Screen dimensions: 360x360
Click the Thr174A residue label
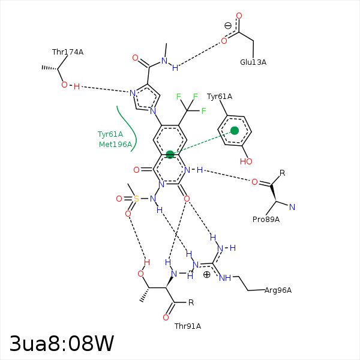(68, 52)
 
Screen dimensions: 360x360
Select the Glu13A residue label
(253, 62)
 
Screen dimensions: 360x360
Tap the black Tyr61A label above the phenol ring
(220, 97)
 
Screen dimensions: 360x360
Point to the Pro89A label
(266, 220)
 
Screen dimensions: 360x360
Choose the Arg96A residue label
(278, 290)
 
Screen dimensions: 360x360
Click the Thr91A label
(188, 326)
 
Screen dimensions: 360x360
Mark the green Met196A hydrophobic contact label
(115, 145)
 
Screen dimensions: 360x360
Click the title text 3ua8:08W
(62, 344)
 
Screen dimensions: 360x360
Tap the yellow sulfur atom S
(136, 199)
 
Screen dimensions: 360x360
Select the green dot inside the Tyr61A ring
(235, 130)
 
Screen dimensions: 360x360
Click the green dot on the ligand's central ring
(170, 155)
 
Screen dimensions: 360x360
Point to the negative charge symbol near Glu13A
(228, 25)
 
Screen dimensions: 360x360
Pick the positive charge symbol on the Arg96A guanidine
(207, 274)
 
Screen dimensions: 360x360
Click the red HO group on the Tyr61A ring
(245, 161)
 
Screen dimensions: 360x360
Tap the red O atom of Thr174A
(64, 85)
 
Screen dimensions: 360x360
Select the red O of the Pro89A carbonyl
(254, 182)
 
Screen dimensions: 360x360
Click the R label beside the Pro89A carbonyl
(282, 173)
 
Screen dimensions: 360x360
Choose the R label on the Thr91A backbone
(191, 302)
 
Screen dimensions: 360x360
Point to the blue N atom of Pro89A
(292, 208)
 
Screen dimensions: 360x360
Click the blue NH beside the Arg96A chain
(226, 278)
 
